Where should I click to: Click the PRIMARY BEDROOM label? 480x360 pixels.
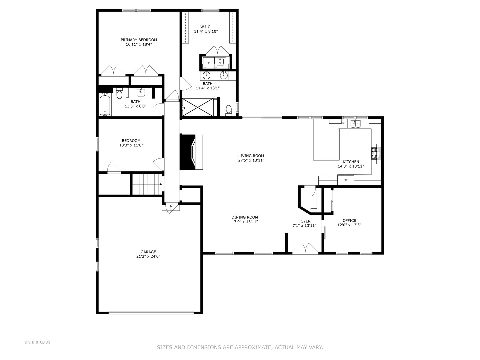coord(139,40)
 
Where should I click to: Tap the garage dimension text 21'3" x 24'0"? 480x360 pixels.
coord(148,257)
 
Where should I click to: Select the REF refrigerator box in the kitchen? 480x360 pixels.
coord(346,180)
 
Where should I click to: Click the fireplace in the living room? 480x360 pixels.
coord(191,152)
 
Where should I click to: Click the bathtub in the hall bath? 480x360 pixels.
coord(105,104)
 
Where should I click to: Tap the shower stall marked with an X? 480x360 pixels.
coord(198,107)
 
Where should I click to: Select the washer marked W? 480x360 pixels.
coord(220,62)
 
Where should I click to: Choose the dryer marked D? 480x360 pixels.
coord(209,62)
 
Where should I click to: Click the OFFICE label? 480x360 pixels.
coord(349,220)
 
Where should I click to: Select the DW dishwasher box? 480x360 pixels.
coord(342,123)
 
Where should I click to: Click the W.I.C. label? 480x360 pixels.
coord(206,27)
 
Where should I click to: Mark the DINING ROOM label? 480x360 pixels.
coord(245,217)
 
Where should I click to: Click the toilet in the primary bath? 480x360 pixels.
coord(229,110)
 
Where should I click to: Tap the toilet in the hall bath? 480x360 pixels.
coord(119,95)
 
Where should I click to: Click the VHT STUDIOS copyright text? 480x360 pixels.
coord(37,342)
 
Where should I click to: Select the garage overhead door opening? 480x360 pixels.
coord(151,313)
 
